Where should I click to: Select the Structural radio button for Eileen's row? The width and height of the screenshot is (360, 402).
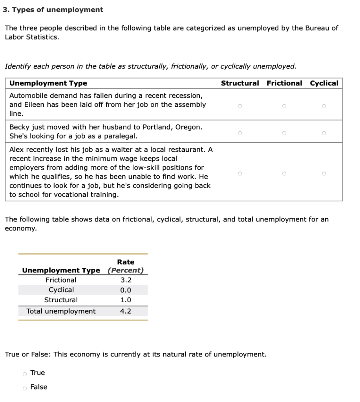pyautogui.click(x=239, y=105)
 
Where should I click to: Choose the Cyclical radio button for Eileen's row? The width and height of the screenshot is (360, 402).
pyautogui.click(x=324, y=105)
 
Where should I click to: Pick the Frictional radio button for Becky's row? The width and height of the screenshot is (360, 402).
pyautogui.click(x=284, y=133)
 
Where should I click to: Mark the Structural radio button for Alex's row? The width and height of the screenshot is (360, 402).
pyautogui.click(x=239, y=173)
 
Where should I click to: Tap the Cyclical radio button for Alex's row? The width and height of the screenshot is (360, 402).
pyautogui.click(x=324, y=173)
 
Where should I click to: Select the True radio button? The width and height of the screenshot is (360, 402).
pyautogui.click(x=25, y=373)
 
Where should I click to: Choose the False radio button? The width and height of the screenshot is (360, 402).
pyautogui.click(x=25, y=388)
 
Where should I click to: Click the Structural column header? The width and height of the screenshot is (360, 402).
pyautogui.click(x=240, y=83)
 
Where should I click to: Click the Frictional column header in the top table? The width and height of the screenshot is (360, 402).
pyautogui.click(x=284, y=83)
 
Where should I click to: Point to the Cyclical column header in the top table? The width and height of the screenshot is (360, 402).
pyautogui.click(x=324, y=83)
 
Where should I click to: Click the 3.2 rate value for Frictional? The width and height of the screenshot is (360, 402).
pyautogui.click(x=126, y=280)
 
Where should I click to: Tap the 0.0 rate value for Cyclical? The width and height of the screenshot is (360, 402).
pyautogui.click(x=126, y=291)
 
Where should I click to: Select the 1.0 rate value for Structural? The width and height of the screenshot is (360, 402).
pyautogui.click(x=126, y=300)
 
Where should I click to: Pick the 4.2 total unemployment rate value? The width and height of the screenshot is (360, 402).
pyautogui.click(x=126, y=311)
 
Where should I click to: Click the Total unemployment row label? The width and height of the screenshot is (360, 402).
pyautogui.click(x=61, y=311)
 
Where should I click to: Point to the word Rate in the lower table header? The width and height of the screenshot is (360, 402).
pyautogui.click(x=126, y=262)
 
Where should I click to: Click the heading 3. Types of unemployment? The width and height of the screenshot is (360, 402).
pyautogui.click(x=53, y=10)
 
